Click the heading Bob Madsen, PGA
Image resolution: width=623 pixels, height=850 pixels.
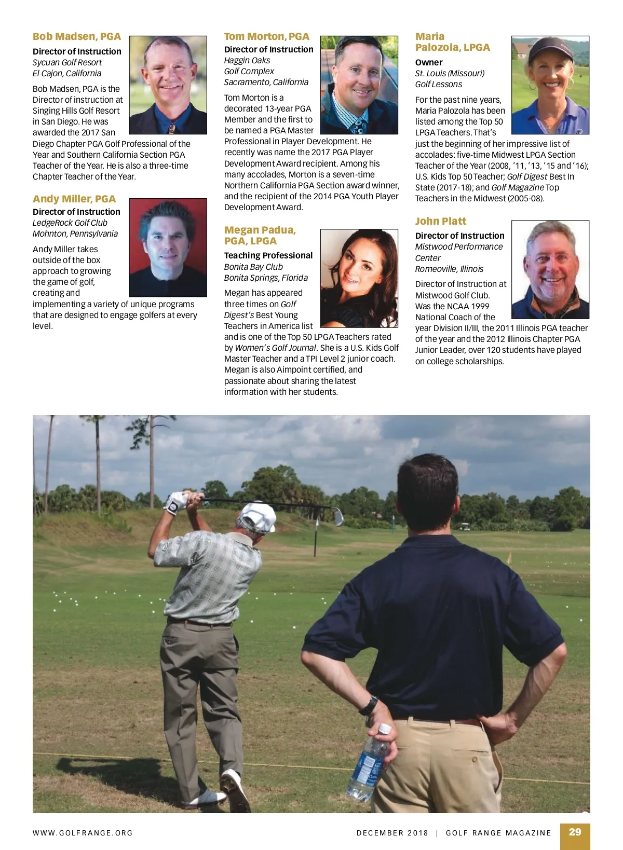[x=76, y=36]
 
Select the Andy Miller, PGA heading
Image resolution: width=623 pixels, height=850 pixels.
[x=74, y=199]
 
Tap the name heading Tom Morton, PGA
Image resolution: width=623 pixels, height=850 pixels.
[x=266, y=36]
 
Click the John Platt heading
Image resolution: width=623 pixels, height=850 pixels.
[x=440, y=221]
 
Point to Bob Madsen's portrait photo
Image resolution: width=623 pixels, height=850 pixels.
[x=168, y=85]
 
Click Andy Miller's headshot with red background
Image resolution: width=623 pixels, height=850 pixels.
[x=168, y=248]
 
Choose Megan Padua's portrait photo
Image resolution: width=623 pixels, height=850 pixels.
[x=359, y=278]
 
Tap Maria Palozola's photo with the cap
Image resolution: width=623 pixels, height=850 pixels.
[x=550, y=85]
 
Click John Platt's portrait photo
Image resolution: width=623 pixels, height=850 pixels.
[x=550, y=269]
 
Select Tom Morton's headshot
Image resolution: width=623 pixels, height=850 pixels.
[x=359, y=85]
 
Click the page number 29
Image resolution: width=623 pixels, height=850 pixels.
[x=575, y=832]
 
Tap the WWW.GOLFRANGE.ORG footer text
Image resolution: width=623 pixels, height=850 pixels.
[x=83, y=833]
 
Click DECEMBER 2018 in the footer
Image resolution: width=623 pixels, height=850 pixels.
[x=392, y=833]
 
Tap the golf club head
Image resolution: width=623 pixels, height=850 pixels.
[x=338, y=516]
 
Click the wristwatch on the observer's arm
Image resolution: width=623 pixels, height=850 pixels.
[x=369, y=706]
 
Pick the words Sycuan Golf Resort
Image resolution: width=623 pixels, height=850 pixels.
[x=67, y=62]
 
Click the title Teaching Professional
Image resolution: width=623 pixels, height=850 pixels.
[x=268, y=255]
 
